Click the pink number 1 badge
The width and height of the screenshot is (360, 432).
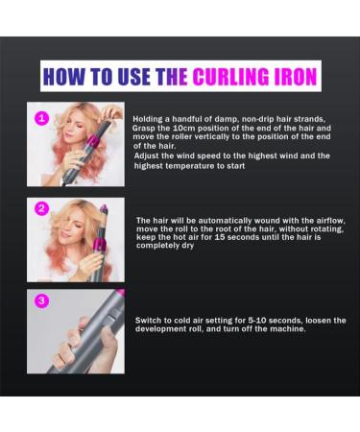pos(39,118)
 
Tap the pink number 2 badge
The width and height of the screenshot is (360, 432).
pos(39,207)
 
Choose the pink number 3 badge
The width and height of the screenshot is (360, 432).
pos(39,300)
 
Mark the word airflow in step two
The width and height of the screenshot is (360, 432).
pos(323,220)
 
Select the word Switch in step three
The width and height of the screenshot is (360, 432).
pos(150,320)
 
